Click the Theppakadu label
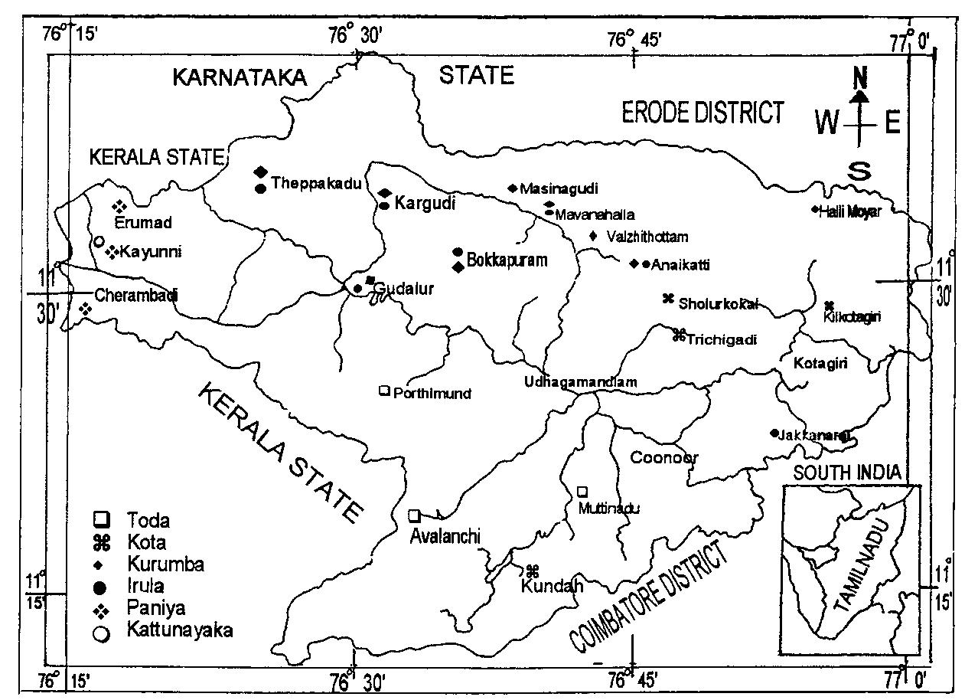pyautogui.click(x=315, y=183)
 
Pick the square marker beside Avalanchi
pyautogui.click(x=414, y=515)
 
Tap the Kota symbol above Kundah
pyautogui.click(x=533, y=571)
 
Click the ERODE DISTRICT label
pyautogui.click(x=702, y=113)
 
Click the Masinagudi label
pyautogui.click(x=558, y=188)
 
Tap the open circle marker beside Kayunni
pyautogui.click(x=98, y=241)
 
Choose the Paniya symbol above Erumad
pyautogui.click(x=119, y=206)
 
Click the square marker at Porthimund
pyautogui.click(x=384, y=391)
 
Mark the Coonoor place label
pyautogui.click(x=663, y=457)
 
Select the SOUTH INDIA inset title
pyautogui.click(x=846, y=473)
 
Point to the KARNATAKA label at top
pyautogui.click(x=238, y=77)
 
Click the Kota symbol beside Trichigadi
pyautogui.click(x=678, y=335)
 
